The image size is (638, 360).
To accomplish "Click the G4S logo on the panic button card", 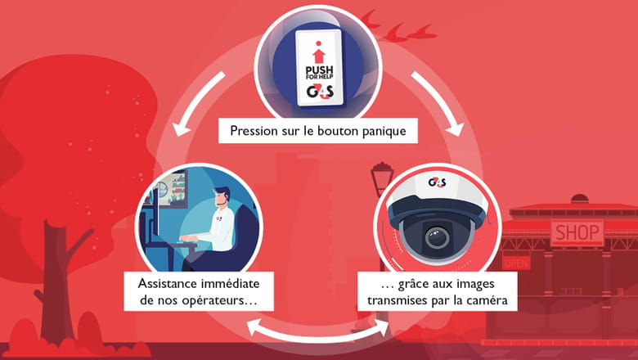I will [x=319, y=94].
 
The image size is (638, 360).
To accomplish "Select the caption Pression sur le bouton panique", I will [x=318, y=131].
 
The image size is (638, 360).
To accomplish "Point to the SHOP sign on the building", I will [x=577, y=233].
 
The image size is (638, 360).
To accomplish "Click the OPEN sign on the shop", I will [x=516, y=263].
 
